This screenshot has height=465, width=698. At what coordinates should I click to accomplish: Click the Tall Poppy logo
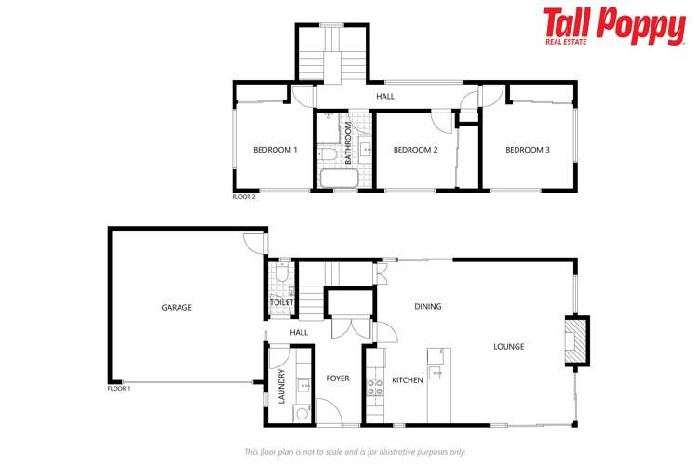click(x=613, y=27)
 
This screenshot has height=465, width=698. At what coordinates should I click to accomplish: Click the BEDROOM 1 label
click(x=275, y=150)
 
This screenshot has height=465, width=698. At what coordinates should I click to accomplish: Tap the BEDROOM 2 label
click(x=415, y=150)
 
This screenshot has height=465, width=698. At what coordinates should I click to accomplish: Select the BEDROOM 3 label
click(x=529, y=150)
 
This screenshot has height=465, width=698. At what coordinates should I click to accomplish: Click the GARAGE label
click(x=176, y=307)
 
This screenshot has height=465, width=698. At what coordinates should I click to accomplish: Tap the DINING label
click(x=428, y=306)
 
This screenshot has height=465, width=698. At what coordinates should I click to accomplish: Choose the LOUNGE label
click(x=508, y=347)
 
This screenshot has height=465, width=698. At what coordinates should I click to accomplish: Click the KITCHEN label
click(x=407, y=380)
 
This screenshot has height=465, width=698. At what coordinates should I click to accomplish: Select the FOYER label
click(x=337, y=379)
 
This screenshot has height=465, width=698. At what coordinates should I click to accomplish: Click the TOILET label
click(x=281, y=302)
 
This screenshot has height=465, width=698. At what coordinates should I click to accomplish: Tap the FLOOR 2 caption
click(x=244, y=197)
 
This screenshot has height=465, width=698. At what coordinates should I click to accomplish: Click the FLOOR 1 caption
click(x=119, y=388)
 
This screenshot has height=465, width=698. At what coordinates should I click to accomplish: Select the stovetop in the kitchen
click(x=375, y=385)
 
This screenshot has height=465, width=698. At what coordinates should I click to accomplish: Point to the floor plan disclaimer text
click(x=355, y=451)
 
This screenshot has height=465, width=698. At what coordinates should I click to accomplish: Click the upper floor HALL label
click(x=384, y=96)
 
